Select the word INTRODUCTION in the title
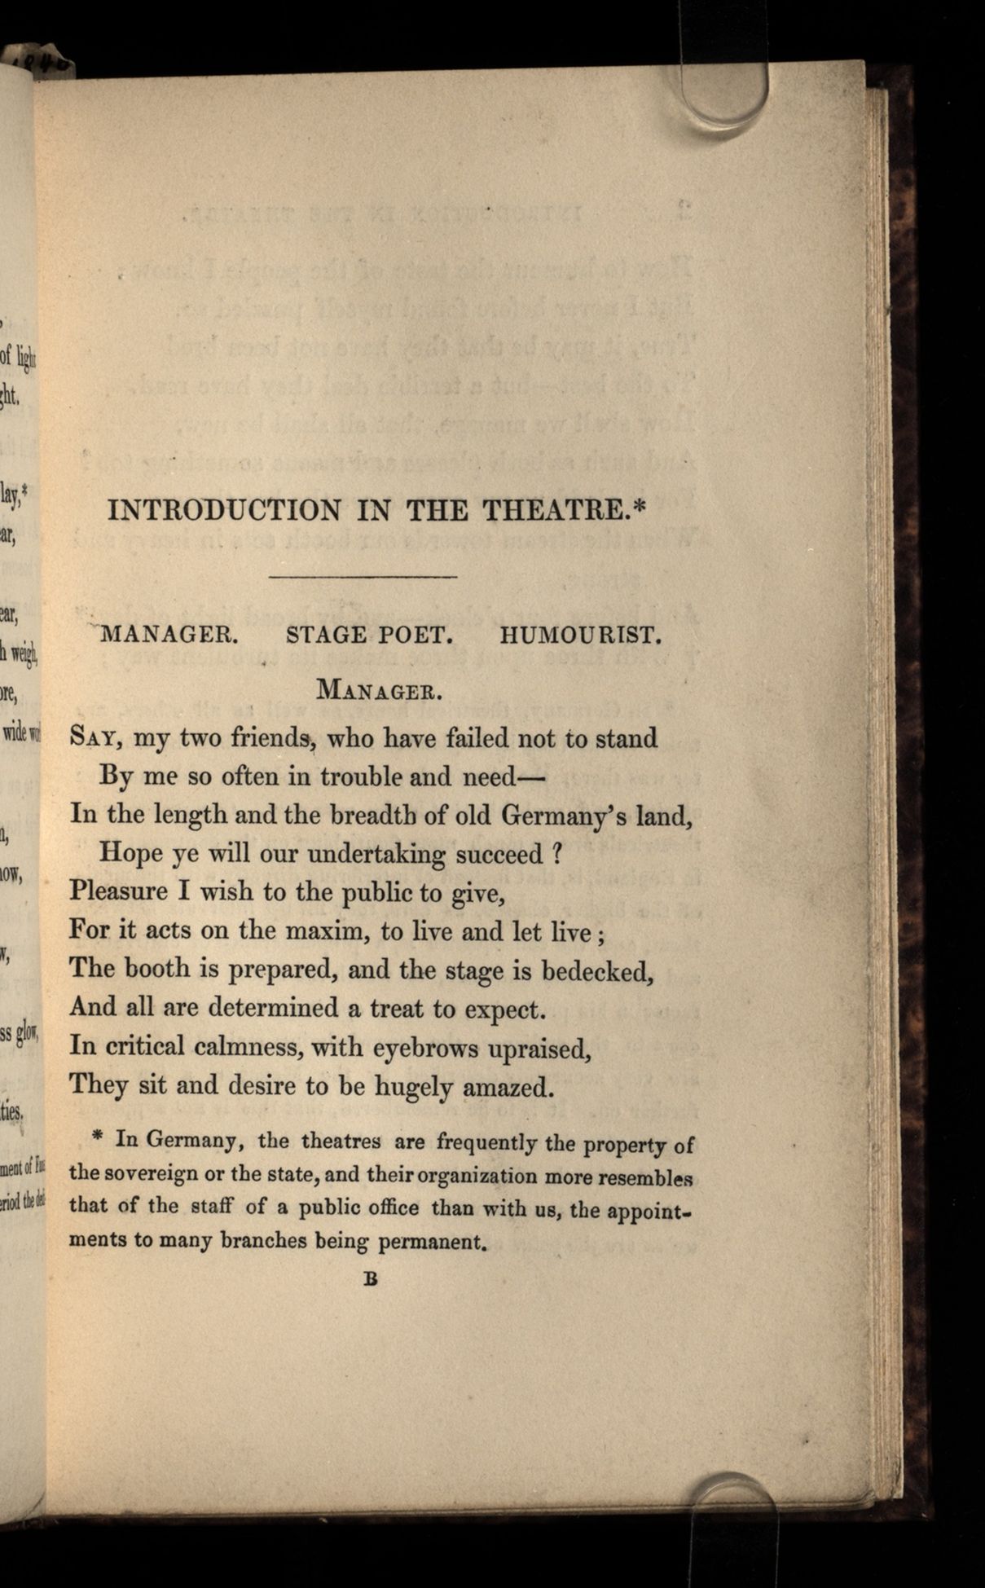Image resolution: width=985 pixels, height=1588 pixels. coord(224,511)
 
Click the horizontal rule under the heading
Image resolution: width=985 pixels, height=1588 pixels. coord(363,578)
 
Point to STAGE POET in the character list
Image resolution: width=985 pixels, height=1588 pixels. coord(369,636)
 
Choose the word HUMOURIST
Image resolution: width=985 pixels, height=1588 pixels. coord(579,636)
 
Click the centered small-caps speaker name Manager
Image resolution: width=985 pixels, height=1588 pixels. coord(379,692)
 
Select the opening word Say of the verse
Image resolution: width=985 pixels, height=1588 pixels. coord(95,738)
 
